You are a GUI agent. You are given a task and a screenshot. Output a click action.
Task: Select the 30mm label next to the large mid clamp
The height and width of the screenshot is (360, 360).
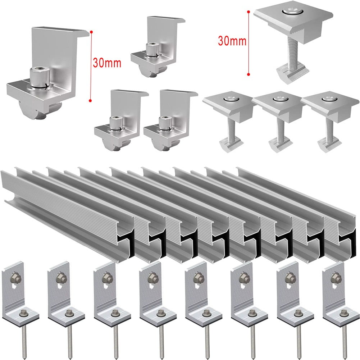click(232, 41)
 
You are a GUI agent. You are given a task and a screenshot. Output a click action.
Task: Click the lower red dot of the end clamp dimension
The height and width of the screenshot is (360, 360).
click(91, 101)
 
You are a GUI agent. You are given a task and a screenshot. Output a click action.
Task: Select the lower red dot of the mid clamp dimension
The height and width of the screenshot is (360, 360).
click(249, 74)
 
